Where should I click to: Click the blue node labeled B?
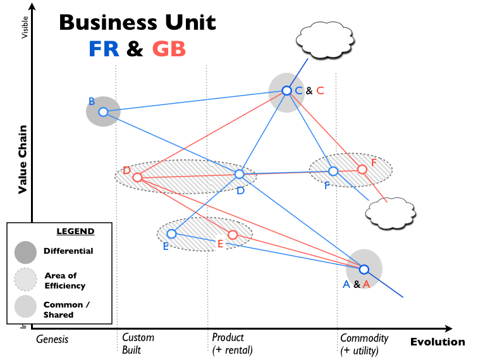103,112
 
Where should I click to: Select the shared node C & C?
286,90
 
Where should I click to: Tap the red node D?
137,177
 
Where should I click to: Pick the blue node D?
240,174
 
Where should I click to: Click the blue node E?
171,233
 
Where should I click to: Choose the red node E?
232,235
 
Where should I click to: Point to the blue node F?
333,171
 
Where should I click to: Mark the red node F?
362,169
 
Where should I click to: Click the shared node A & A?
364,269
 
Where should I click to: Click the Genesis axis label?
52,339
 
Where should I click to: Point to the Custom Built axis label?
137,344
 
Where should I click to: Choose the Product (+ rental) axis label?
232,344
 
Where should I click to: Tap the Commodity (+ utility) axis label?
364,344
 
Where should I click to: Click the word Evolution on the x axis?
437,342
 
